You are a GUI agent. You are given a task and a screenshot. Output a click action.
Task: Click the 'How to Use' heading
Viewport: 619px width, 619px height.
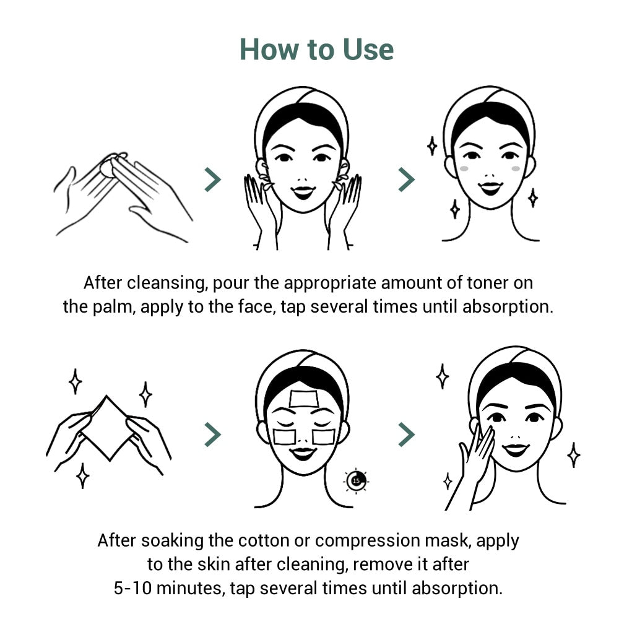click(316, 49)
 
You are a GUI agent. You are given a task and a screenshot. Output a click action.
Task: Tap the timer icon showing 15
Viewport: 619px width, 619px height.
click(357, 480)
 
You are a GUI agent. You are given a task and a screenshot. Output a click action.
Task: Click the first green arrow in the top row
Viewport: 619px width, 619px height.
click(212, 180)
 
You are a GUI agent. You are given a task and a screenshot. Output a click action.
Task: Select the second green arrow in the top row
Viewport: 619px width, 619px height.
click(406, 180)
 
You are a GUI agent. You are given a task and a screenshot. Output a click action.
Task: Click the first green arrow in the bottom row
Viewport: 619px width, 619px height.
click(212, 435)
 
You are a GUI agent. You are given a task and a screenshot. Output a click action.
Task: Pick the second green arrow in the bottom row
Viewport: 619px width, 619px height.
click(406, 435)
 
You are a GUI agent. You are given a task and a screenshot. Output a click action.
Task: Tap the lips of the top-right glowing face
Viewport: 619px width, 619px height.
click(490, 186)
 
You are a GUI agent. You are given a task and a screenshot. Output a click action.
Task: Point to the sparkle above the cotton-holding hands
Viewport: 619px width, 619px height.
click(75, 381)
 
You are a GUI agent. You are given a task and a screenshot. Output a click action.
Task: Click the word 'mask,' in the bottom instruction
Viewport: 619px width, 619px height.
click(454, 540)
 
